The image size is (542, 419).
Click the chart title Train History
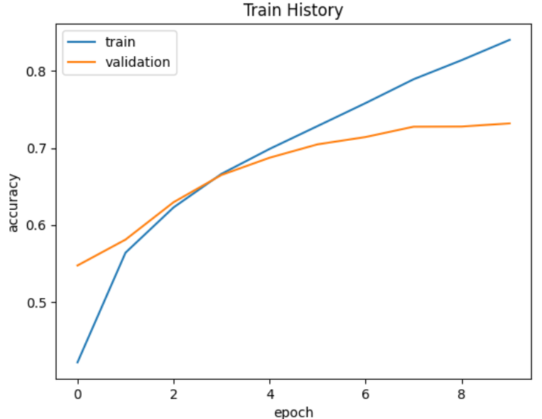pos(293,11)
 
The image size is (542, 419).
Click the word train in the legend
pos(120,42)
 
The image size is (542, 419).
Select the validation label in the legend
pos(138,62)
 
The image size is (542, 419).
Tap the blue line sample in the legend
pos(82,43)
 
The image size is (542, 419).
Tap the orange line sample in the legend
pos(82,63)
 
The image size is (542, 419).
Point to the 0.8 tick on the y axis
pos(38,72)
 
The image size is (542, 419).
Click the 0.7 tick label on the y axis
pos(38,149)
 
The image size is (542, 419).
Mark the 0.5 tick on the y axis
pos(38,303)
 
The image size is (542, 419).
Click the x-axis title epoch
pos(293,412)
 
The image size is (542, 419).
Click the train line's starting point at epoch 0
pos(77,362)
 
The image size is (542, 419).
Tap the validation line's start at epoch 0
pos(77,265)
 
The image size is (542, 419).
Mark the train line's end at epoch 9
pos(510,40)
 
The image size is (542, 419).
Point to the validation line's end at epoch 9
pos(510,123)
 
